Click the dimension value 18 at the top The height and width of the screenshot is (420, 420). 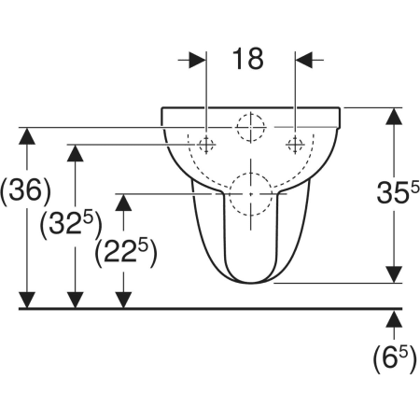(x=248, y=59)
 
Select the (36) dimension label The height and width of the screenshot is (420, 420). (x=26, y=190)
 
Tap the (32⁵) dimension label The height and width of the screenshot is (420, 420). (x=71, y=223)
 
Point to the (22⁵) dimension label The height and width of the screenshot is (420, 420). (x=126, y=252)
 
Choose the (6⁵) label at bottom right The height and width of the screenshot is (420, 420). (x=395, y=358)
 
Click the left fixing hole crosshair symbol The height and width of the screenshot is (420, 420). (x=206, y=145)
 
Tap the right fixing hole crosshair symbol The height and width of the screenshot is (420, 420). (x=295, y=145)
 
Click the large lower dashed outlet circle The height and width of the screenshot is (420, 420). (x=251, y=173)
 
